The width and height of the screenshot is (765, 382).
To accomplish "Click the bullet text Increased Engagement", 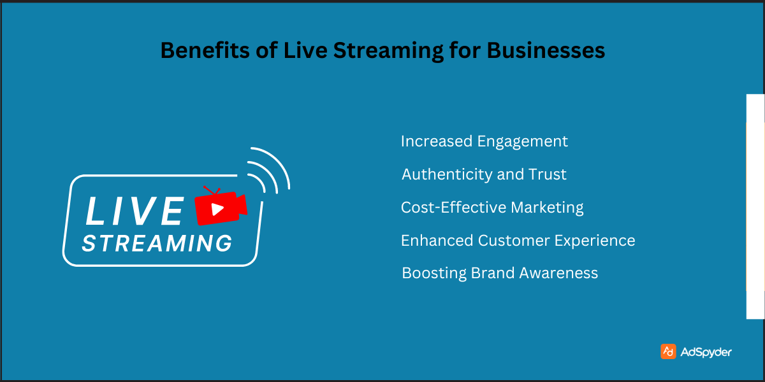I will point(484,141).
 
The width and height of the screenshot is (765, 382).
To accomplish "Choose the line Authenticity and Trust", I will point(484,174).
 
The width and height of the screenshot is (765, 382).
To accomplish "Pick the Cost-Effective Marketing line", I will point(492,208).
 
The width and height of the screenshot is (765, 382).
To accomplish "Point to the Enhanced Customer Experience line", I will point(518,241).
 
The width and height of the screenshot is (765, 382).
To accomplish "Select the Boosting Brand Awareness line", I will point(500,274).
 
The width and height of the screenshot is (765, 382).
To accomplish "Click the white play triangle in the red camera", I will point(217,208).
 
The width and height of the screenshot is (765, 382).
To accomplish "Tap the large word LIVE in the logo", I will point(135,211).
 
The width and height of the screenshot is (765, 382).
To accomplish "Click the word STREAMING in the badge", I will point(157,243).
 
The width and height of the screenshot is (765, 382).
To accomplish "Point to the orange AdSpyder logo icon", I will point(668,351).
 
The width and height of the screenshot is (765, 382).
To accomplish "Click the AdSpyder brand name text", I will point(706,352).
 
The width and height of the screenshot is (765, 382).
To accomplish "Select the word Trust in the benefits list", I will point(547,174).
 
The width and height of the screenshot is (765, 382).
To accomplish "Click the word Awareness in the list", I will point(558,274).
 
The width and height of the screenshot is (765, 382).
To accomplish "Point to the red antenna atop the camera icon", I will point(211,190).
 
